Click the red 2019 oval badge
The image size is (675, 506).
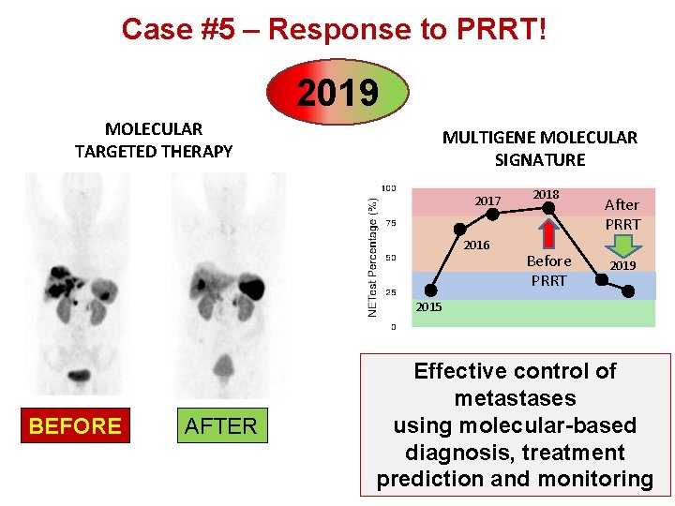click(338, 93)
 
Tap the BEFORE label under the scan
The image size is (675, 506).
click(75, 426)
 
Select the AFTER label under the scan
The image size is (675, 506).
click(220, 426)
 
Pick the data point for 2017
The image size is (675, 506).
click(492, 215)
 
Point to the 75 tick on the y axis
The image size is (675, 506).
click(390, 223)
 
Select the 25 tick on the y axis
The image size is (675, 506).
click(390, 292)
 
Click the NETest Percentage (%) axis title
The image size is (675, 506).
click(372, 256)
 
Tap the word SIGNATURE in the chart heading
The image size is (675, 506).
click(540, 160)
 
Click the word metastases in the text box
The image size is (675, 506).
click(514, 398)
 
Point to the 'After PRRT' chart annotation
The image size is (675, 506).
click(622, 215)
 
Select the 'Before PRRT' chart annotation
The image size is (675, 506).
click(549, 270)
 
